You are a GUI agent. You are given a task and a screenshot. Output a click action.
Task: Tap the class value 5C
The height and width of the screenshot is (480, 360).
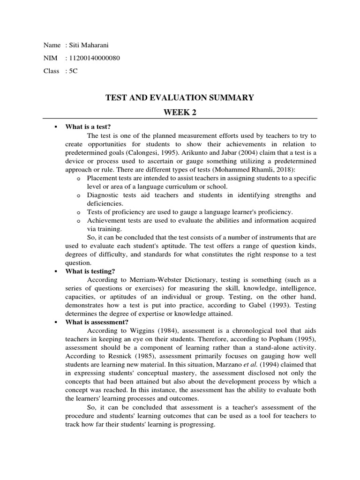pyautogui.click(x=73, y=71)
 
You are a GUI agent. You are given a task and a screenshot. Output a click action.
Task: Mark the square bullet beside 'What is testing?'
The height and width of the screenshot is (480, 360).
pyautogui.click(x=56, y=271)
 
